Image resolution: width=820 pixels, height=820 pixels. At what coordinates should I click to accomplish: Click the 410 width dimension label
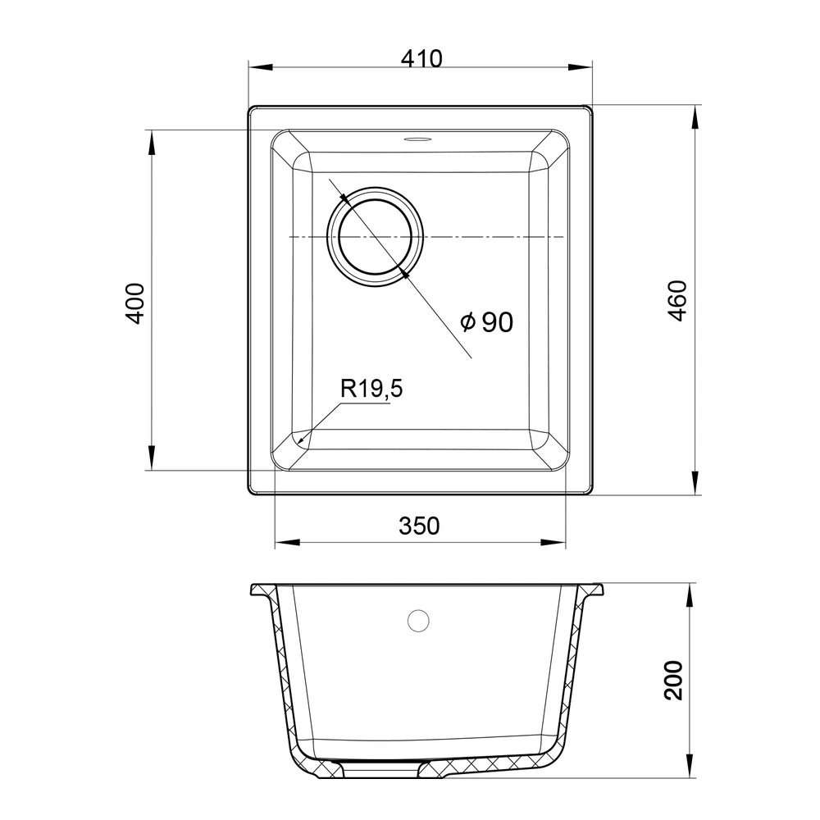tap(421, 58)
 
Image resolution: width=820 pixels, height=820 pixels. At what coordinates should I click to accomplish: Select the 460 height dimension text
tap(677, 301)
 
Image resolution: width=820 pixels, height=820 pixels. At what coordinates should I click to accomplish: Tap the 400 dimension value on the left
tap(135, 303)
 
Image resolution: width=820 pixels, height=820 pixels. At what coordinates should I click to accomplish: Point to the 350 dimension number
tap(419, 526)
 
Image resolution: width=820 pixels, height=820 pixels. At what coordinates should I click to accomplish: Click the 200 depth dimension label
tap(673, 680)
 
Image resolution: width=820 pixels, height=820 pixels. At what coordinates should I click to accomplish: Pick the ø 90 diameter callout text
tap(487, 322)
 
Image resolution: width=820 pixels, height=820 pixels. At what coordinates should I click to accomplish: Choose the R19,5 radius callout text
tap(371, 389)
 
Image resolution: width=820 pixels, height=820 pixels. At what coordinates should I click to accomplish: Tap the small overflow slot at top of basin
tap(417, 139)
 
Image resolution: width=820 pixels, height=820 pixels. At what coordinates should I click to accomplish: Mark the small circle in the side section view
tap(418, 620)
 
